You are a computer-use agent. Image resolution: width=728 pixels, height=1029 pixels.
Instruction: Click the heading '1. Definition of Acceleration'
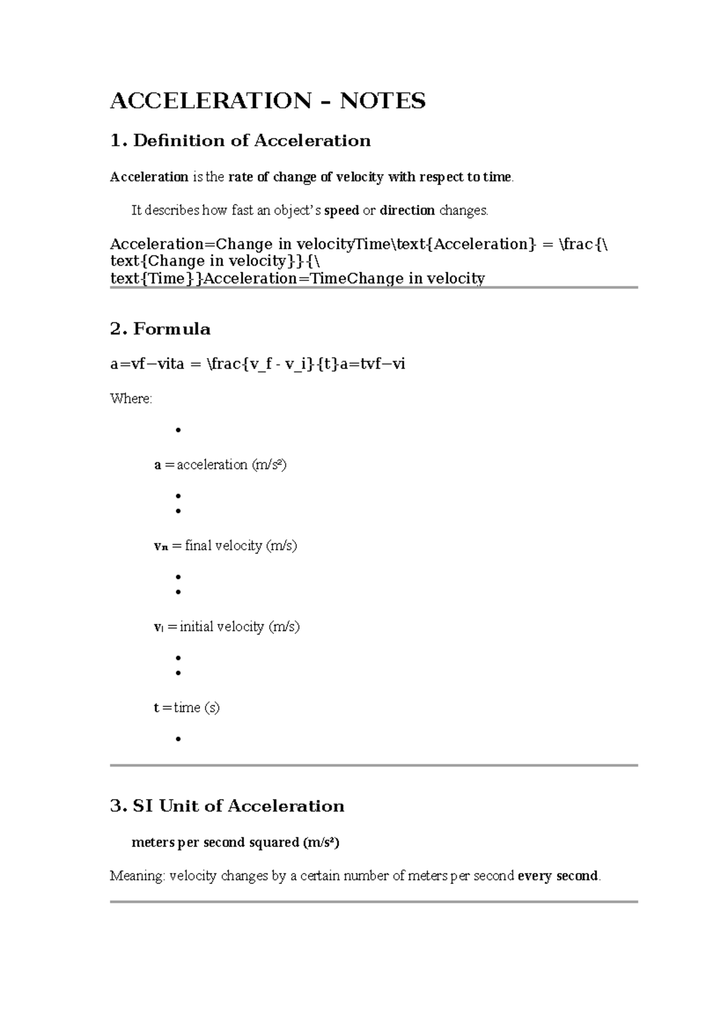tap(240, 141)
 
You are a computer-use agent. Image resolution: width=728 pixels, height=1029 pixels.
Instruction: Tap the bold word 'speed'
tap(342, 211)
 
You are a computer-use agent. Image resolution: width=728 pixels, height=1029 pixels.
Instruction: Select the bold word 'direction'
tap(407, 211)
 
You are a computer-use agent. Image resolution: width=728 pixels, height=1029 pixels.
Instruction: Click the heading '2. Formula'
tap(160, 329)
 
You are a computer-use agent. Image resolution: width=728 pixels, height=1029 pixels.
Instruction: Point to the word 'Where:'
tap(131, 399)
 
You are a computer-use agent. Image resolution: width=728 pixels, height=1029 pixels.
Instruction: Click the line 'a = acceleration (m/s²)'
tap(220, 465)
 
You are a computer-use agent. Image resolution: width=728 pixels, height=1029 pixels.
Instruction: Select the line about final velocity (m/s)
tap(225, 545)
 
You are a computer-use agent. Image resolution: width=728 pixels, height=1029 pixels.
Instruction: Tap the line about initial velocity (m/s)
tap(227, 627)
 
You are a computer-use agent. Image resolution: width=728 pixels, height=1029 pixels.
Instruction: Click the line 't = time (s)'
tap(186, 707)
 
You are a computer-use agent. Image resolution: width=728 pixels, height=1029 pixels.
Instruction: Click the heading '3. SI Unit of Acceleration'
tap(227, 806)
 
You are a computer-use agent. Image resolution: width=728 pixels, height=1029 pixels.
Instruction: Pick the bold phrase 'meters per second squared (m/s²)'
tap(235, 842)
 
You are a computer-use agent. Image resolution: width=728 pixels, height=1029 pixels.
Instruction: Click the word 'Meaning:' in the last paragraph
tap(137, 876)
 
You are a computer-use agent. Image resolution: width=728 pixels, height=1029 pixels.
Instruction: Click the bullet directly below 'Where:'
tap(178, 430)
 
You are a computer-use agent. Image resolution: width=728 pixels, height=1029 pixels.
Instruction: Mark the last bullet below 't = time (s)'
tap(178, 739)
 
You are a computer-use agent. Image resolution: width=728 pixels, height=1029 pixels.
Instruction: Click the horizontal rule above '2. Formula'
tap(374, 288)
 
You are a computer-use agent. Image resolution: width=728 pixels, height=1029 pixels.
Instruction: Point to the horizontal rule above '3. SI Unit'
tap(374, 766)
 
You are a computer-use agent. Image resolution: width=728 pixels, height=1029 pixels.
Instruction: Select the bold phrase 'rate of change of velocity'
tap(306, 177)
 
